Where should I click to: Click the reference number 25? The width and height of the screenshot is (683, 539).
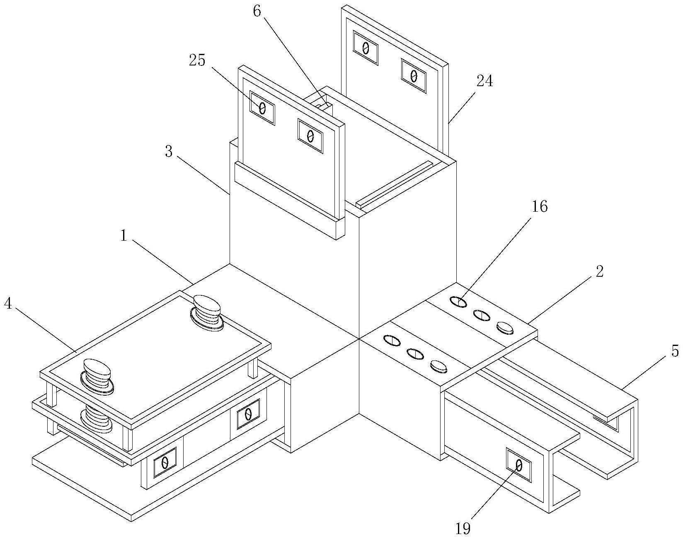197,60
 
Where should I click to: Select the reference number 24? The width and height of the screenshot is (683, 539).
484,82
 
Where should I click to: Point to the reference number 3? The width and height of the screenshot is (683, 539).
168,152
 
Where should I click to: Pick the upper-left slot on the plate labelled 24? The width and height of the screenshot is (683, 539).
366,48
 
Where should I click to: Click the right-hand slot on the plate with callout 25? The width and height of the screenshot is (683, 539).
310,136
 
